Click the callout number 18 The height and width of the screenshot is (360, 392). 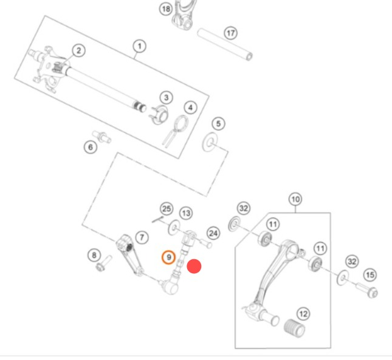166,9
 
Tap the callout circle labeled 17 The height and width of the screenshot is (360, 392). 230,33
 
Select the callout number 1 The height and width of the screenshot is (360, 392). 140,46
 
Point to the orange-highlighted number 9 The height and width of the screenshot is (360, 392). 168,257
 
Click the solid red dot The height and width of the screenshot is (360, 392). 194,266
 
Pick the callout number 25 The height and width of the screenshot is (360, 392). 167,209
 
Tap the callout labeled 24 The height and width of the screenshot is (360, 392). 213,234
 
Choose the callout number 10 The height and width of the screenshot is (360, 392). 295,199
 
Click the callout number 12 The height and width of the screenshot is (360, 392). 303,314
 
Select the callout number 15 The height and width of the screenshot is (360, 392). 370,275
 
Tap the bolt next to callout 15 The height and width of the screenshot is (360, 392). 366,290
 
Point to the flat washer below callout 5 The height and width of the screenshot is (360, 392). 210,142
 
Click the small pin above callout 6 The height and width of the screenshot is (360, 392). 101,137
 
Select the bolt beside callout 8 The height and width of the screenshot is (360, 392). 104,263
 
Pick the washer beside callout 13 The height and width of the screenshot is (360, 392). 174,228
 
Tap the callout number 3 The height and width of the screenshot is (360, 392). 167,98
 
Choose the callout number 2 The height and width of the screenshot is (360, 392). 79,50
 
